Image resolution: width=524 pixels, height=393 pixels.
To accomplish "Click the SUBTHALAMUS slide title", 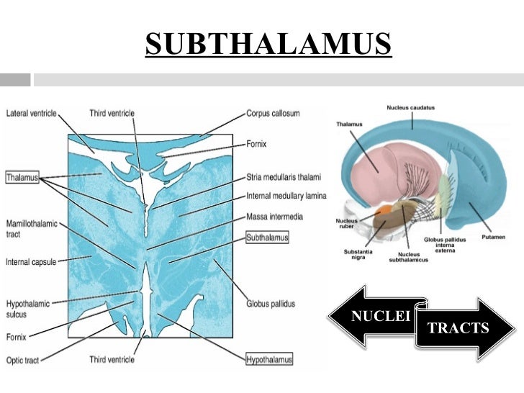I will (268, 44).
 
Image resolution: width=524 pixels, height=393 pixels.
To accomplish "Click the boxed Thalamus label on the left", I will (22, 176).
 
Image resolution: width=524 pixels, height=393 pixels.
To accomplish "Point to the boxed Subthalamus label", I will (267, 236).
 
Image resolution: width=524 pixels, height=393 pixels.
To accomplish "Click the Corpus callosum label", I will (273, 113).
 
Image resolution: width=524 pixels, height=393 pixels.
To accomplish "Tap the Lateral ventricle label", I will (32, 113).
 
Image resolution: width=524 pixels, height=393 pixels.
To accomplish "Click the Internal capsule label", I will (28, 261).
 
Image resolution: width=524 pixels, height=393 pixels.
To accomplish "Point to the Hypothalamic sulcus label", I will (27, 308).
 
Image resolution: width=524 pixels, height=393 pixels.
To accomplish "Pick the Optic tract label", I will (22, 360).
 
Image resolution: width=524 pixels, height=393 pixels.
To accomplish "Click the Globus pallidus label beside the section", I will (270, 304).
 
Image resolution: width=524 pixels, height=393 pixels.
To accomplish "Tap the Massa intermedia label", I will (275, 216).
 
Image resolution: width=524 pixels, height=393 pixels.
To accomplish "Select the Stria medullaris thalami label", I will (283, 177).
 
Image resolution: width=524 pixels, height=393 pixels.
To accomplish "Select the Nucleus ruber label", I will (347, 223).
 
